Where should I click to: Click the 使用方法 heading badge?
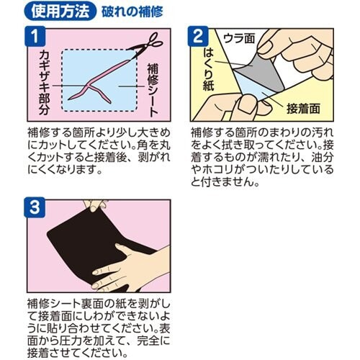60,12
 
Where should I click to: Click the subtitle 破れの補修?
132,12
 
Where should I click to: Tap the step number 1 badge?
35,36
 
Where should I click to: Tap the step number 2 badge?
198,36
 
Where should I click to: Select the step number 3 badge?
35,207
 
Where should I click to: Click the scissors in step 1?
146,45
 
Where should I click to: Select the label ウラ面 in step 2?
239,39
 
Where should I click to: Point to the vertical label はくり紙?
208,70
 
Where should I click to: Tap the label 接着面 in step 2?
303,109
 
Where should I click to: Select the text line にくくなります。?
64,170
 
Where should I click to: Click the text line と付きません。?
225,183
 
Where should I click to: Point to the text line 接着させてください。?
77,353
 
